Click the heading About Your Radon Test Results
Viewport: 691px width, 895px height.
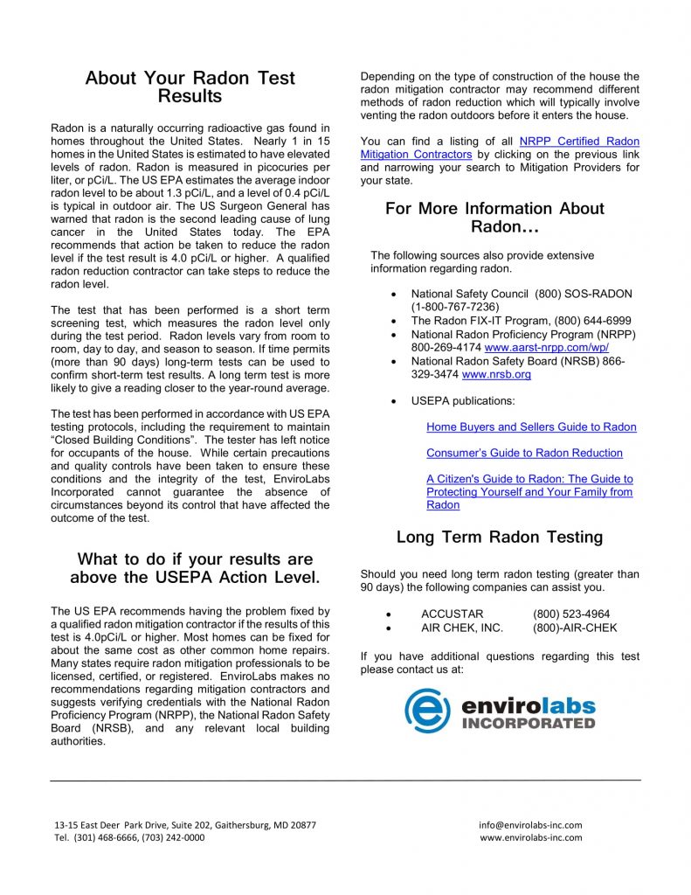tap(190, 87)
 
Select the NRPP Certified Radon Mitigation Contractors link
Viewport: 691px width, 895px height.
tap(500, 148)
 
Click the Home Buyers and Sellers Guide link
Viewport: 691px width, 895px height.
tap(531, 427)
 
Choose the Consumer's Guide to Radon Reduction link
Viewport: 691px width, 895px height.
tap(524, 453)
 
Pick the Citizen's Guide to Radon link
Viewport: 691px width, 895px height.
tap(529, 492)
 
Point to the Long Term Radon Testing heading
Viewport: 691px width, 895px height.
tap(499, 537)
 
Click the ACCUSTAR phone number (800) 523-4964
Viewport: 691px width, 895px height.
tap(571, 614)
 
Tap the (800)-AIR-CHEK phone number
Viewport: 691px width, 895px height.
tap(575, 628)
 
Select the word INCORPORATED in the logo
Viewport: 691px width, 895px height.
tap(528, 724)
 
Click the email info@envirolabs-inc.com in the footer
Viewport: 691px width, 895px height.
tap(530, 824)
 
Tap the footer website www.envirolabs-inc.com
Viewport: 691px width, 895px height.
tap(530, 837)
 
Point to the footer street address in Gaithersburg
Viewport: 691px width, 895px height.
tap(185, 824)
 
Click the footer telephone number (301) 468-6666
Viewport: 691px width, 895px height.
tap(107, 837)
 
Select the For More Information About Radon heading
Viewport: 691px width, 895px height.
tap(494, 217)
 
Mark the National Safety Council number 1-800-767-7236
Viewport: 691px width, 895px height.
tap(455, 308)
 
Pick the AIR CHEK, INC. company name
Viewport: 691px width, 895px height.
tap(462, 628)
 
